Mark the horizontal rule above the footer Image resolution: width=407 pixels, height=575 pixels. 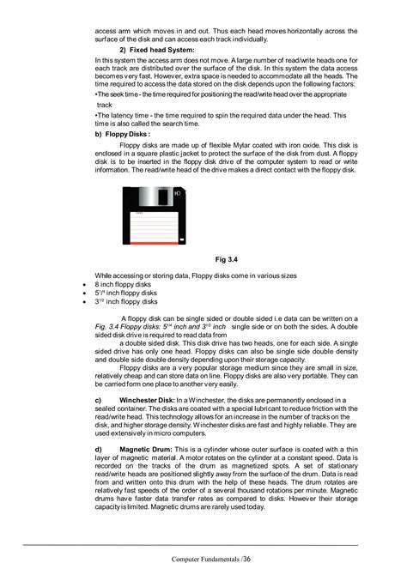(203, 544)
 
